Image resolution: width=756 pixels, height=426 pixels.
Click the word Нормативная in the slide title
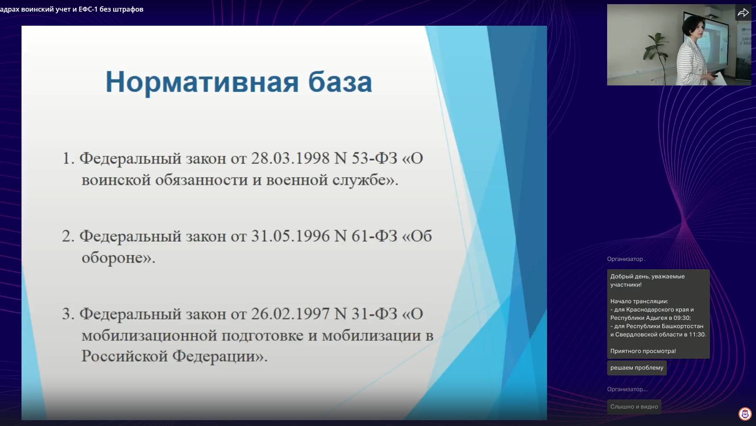click(202, 82)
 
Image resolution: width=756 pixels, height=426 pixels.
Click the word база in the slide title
click(340, 82)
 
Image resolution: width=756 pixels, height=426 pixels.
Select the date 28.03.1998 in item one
click(290, 158)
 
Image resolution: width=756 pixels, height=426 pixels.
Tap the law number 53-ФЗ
click(374, 158)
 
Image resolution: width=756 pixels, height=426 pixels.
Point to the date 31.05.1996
click(290, 236)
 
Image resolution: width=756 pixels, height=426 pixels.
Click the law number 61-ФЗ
click(374, 236)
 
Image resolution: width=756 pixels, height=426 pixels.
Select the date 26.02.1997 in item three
click(290, 314)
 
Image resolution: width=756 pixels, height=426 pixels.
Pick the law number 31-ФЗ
click(374, 314)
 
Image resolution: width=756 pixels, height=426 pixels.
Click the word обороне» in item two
click(118, 258)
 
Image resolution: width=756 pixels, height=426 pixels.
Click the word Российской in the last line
click(124, 356)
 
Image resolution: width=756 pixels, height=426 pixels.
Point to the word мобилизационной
click(149, 335)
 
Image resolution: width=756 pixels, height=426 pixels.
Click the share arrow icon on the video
click(743, 13)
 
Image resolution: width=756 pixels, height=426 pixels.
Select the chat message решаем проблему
click(637, 368)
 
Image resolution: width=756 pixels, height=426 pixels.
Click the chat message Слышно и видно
click(634, 407)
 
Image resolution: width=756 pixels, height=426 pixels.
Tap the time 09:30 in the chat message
click(682, 318)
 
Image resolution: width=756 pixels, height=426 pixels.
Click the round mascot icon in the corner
click(745, 414)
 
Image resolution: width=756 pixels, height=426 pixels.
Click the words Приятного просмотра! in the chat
click(643, 351)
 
